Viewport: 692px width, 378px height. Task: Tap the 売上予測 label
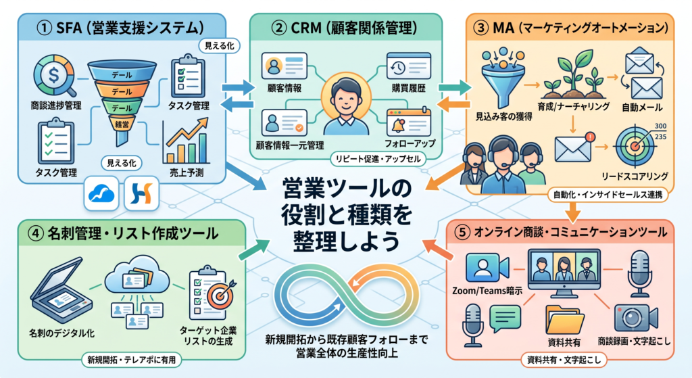(187, 172)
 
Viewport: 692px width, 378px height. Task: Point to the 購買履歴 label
(409, 89)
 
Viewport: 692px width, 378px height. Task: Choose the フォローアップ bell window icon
(408, 121)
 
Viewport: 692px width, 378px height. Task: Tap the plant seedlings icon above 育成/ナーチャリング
(573, 74)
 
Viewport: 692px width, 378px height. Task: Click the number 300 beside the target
(661, 126)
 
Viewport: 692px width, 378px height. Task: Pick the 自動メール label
(642, 108)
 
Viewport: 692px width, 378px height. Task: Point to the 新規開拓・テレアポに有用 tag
(131, 360)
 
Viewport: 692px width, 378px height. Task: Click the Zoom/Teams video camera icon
(488, 267)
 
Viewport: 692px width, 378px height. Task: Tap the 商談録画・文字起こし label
(634, 341)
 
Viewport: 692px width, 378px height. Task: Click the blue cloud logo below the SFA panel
(101, 193)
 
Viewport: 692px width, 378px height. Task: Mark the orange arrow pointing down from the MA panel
(573, 211)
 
